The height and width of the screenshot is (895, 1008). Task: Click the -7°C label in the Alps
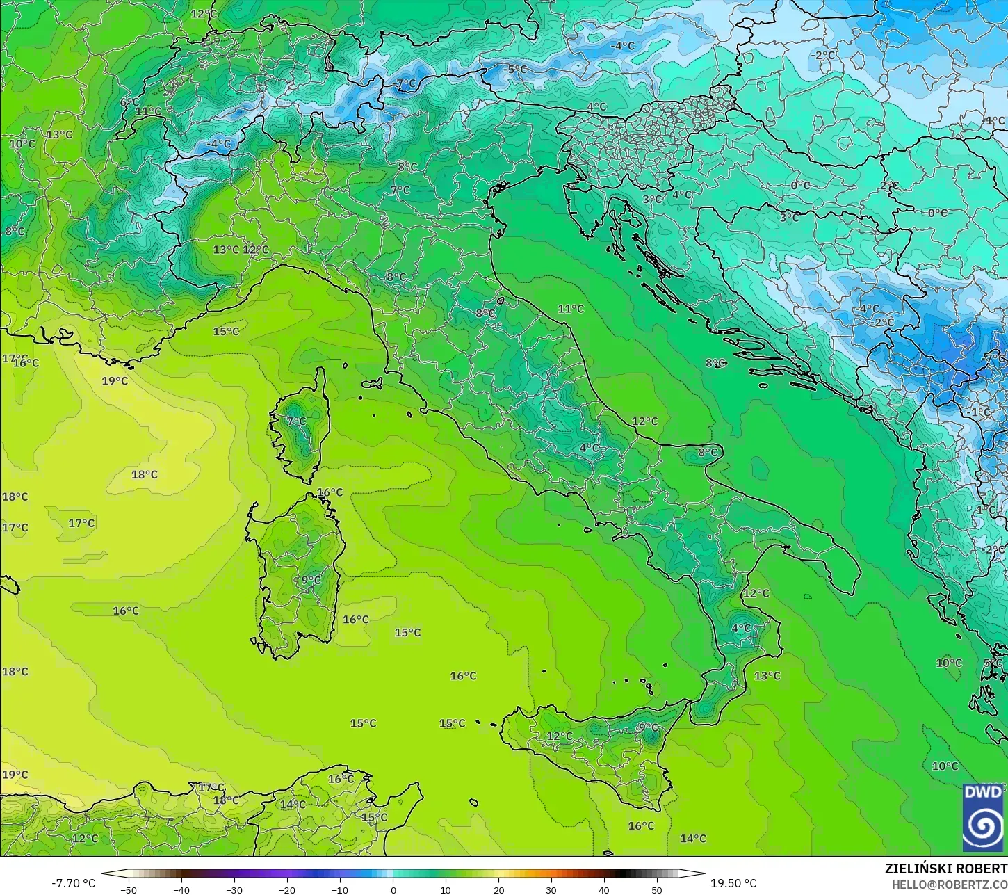(405, 83)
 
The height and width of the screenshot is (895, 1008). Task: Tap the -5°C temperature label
(515, 70)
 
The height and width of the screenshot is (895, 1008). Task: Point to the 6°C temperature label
(129, 102)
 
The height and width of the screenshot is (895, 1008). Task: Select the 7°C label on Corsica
(296, 421)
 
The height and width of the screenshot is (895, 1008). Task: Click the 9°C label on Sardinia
(311, 580)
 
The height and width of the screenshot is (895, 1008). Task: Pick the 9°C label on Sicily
(647, 727)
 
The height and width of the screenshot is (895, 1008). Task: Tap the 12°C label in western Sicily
(559, 736)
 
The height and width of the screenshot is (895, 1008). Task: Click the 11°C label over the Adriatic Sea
(571, 309)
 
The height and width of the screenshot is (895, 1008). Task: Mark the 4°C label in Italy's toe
(741, 628)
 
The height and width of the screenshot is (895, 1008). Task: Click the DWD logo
(983, 817)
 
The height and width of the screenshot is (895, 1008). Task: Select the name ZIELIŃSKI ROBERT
(945, 869)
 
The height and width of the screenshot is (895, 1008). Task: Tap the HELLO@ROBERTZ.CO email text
(950, 884)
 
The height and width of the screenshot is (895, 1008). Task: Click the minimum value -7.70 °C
(73, 883)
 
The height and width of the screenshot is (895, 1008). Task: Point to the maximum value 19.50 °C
(733, 883)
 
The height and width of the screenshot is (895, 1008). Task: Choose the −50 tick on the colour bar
(129, 889)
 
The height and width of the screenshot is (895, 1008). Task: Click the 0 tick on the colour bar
(393, 889)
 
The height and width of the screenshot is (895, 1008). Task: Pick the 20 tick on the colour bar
(498, 889)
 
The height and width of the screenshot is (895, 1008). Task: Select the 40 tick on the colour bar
(604, 889)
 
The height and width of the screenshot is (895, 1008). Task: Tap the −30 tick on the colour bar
(234, 889)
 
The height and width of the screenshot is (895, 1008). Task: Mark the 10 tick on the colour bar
(446, 889)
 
